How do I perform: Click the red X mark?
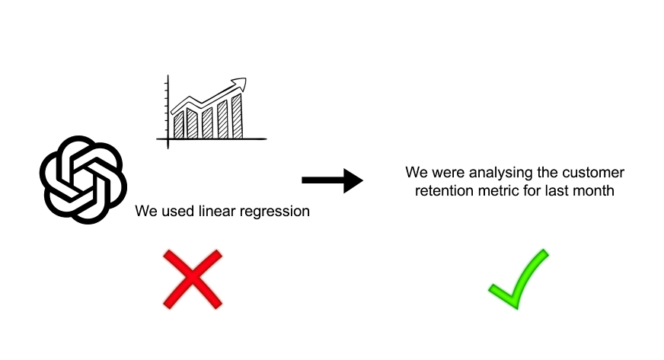(193, 279)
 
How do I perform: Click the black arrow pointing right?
(332, 180)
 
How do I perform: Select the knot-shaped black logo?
(84, 180)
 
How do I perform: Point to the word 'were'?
(448, 173)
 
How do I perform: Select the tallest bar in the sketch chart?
(237, 116)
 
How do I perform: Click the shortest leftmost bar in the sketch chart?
(178, 126)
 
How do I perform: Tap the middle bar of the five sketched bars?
(207, 123)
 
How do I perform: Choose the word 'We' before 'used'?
(146, 211)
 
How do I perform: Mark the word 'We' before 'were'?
(417, 173)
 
